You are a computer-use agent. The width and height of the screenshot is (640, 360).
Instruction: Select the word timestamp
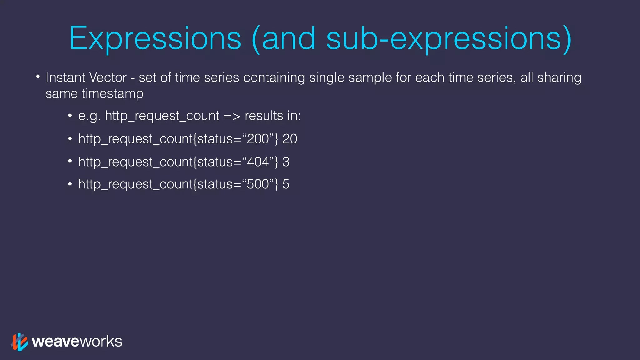pos(112,93)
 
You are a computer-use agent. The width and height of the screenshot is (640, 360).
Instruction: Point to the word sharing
pos(559,77)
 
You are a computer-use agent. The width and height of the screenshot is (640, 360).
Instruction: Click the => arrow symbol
pos(232,116)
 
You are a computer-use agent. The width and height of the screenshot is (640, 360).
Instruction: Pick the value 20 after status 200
pos(290,139)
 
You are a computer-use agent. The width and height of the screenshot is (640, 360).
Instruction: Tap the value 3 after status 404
pos(286,162)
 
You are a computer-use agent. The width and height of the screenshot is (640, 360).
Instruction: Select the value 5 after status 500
pos(286,184)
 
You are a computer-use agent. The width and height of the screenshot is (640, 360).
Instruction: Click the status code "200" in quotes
pos(258,139)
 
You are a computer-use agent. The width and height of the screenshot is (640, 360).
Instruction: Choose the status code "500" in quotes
pos(258,184)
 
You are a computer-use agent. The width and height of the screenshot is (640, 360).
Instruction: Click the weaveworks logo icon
pos(19,342)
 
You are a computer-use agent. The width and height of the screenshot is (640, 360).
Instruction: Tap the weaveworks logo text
pos(77,341)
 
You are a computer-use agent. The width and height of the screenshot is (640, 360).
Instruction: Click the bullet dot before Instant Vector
pos(38,76)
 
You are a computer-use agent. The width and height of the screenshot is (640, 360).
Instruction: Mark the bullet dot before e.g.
pos(70,116)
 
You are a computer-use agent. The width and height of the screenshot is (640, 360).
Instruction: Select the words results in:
pos(272,116)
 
